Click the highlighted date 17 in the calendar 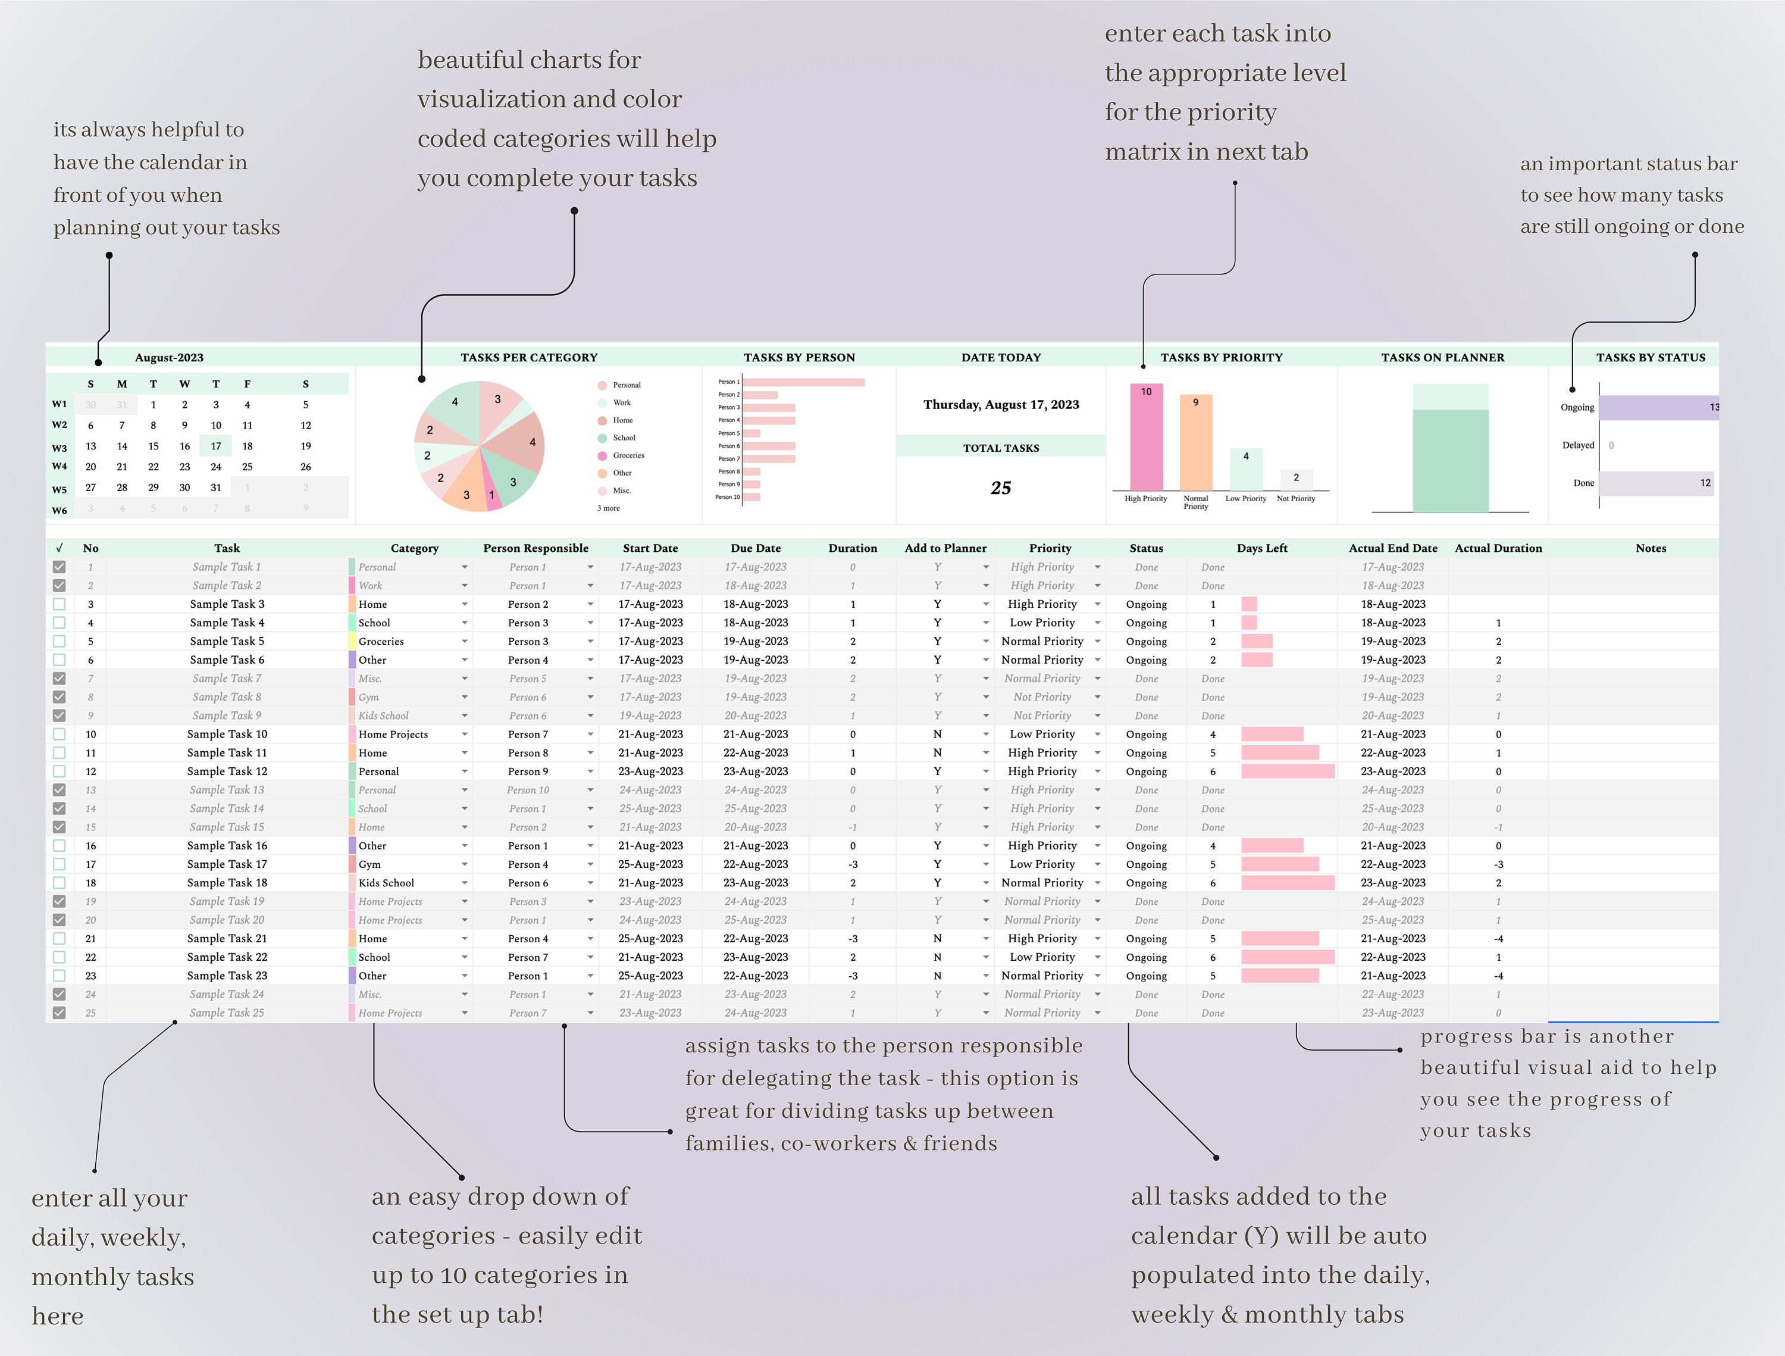click(x=215, y=445)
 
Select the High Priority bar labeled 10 click(x=1146, y=440)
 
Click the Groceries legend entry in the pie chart click(x=628, y=455)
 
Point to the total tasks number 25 click(x=1001, y=488)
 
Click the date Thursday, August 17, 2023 click(x=1001, y=404)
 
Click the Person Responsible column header click(x=536, y=548)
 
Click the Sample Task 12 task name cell click(x=227, y=771)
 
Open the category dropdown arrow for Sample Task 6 click(x=465, y=660)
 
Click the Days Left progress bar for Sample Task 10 click(x=1272, y=735)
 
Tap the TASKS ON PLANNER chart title click(x=1442, y=358)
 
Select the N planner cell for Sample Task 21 click(x=937, y=939)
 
